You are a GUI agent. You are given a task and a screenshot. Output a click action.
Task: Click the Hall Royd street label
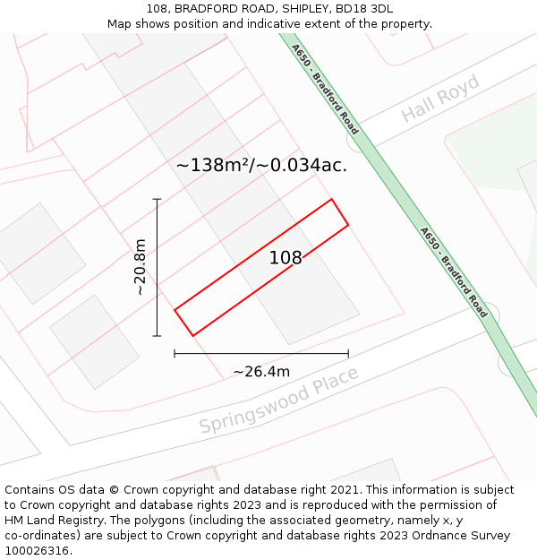click(x=439, y=99)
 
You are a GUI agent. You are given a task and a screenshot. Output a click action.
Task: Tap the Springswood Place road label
click(x=278, y=400)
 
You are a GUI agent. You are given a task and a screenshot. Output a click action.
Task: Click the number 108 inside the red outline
click(x=286, y=258)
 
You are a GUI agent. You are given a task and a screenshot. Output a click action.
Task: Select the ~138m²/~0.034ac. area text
click(x=261, y=165)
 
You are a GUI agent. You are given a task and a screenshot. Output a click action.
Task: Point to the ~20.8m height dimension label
click(x=140, y=266)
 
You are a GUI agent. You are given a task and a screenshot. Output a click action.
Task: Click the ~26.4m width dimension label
click(x=261, y=372)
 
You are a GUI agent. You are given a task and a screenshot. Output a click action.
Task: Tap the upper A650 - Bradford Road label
click(x=326, y=89)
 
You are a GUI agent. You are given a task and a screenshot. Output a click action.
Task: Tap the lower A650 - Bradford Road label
click(x=455, y=272)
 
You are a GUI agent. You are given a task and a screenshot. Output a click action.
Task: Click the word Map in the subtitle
click(x=121, y=23)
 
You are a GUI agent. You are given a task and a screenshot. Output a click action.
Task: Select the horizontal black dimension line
click(x=261, y=354)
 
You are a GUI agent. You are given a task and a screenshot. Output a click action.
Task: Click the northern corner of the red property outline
click(x=332, y=199)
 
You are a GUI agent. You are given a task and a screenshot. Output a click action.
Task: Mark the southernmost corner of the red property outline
click(x=192, y=336)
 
